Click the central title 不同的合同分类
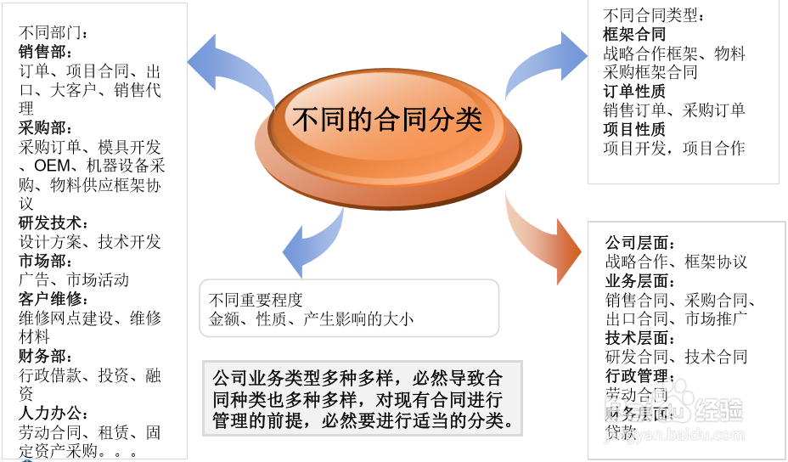(387, 120)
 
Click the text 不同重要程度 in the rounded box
(256, 300)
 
